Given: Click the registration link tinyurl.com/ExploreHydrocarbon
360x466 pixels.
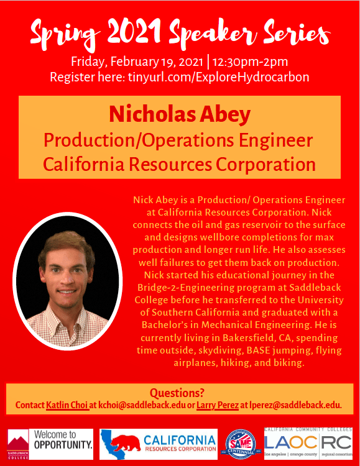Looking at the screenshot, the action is coord(219,77).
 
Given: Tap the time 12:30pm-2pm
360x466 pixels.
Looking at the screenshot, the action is coord(250,62).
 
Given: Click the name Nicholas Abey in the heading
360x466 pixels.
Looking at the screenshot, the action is coord(180,114).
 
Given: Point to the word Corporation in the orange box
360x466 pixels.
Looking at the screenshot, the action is coord(265,165).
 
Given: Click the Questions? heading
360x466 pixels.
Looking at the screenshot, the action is coord(177,393).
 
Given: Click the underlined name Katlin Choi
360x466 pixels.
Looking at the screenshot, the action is coord(67,405).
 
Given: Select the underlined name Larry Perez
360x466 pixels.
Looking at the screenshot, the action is coord(218,405).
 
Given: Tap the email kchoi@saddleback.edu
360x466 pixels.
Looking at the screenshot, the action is coord(142,405).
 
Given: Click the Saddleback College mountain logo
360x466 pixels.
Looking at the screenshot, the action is coord(18,444).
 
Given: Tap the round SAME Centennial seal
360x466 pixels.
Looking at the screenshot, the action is coord(241,444).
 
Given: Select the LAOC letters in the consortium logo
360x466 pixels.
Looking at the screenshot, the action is coord(290,442).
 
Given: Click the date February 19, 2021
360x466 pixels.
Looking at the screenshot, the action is coord(157,62).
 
